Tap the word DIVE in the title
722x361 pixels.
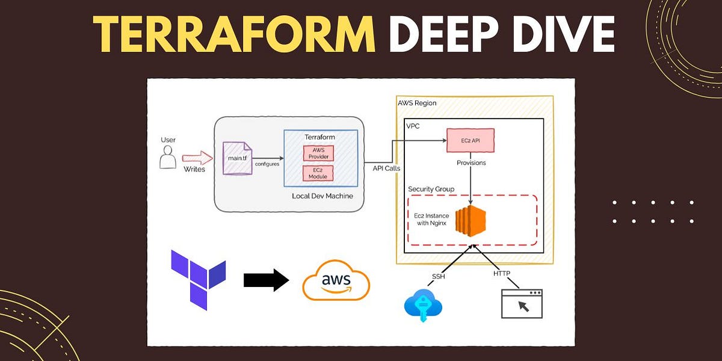coord(558,34)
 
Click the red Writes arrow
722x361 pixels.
coord(197,159)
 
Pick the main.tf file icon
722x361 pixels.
coord(236,158)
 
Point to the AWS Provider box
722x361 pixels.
coord(317,153)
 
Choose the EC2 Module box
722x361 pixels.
coord(317,174)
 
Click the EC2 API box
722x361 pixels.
coord(471,140)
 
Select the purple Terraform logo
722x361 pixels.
coord(198,280)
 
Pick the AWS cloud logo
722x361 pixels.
coord(335,281)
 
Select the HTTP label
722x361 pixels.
coord(501,274)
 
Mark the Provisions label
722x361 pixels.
coord(471,162)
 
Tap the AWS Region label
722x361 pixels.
coord(417,103)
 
